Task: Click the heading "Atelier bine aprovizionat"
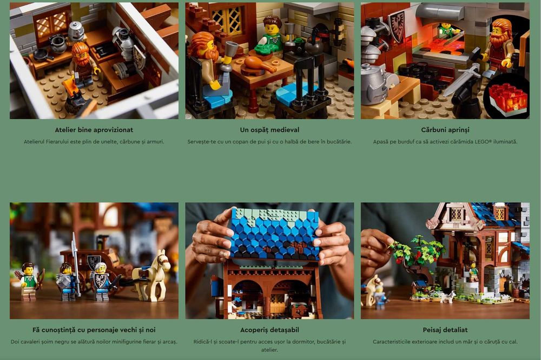(94, 130)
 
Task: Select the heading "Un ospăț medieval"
(269, 130)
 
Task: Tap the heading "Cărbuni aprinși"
(445, 130)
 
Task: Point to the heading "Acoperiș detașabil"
(269, 330)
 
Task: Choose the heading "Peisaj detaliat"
(445, 330)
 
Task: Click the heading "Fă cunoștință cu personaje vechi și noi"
(94, 330)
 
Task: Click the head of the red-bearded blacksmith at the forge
(501, 31)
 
